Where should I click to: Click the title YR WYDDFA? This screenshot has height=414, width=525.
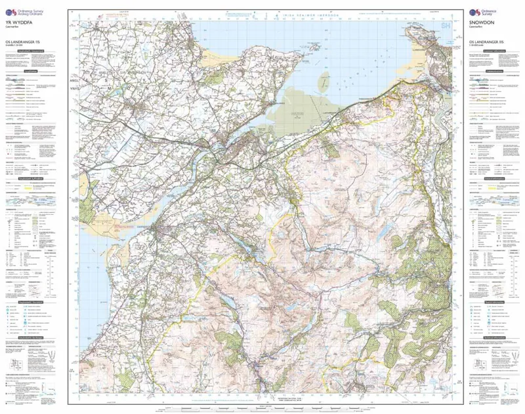(18, 22)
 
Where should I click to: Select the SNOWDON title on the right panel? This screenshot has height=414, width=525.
(482, 22)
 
